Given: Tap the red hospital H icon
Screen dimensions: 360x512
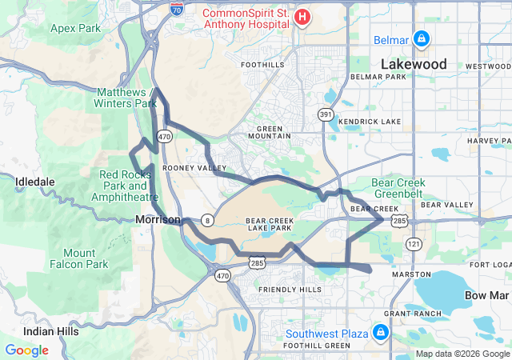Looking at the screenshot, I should pos(302,17).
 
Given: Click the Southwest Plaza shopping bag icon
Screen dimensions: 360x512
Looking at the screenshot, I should pos(381,332).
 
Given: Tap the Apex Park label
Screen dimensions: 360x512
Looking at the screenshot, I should pos(74,28).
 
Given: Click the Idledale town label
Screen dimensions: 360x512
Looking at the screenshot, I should pos(34,182).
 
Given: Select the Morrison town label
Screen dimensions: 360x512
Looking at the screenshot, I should pos(158,219).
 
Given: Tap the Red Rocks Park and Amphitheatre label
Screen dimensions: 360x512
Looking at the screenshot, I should pos(120,186).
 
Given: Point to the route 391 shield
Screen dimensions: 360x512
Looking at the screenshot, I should pos(326,115).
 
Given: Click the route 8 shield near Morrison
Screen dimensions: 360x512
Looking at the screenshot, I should pos(206,219).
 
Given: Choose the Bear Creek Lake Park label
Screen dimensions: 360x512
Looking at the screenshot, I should pos(269,223).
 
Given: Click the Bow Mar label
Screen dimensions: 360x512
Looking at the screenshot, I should pos(487,295).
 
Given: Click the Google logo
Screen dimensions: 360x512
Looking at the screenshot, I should pos(26,350).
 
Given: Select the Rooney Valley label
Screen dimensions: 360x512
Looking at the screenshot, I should pos(194,168).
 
